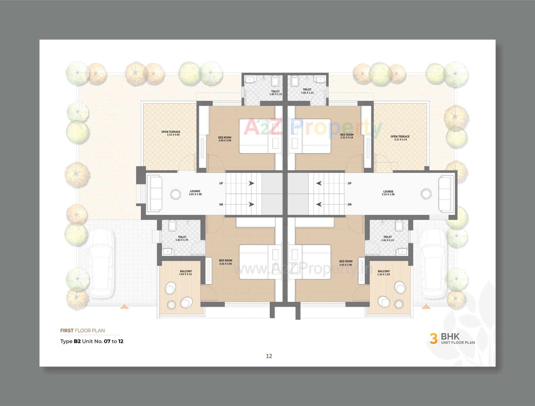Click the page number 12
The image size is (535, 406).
click(269, 356)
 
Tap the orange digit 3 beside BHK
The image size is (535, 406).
click(433, 338)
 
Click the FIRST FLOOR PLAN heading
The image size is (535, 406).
click(82, 331)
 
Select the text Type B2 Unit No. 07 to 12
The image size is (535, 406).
click(92, 341)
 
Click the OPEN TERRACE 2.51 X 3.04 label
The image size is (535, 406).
click(171, 133)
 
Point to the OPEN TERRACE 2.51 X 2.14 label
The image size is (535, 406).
click(400, 138)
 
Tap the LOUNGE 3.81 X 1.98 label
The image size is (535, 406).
click(195, 193)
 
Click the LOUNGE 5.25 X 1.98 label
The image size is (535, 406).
click(388, 193)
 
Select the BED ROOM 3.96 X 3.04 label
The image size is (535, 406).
click(225, 139)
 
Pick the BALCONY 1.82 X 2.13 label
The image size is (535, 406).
click(186, 273)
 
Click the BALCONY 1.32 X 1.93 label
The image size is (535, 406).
click(384, 273)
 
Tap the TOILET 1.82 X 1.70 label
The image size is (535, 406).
click(182, 238)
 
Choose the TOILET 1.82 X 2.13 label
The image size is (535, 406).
click(387, 238)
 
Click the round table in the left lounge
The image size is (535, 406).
click(176, 194)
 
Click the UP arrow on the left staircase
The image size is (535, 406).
click(251, 183)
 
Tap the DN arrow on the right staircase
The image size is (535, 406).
click(319, 205)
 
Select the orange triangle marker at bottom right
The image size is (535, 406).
click(426, 307)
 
